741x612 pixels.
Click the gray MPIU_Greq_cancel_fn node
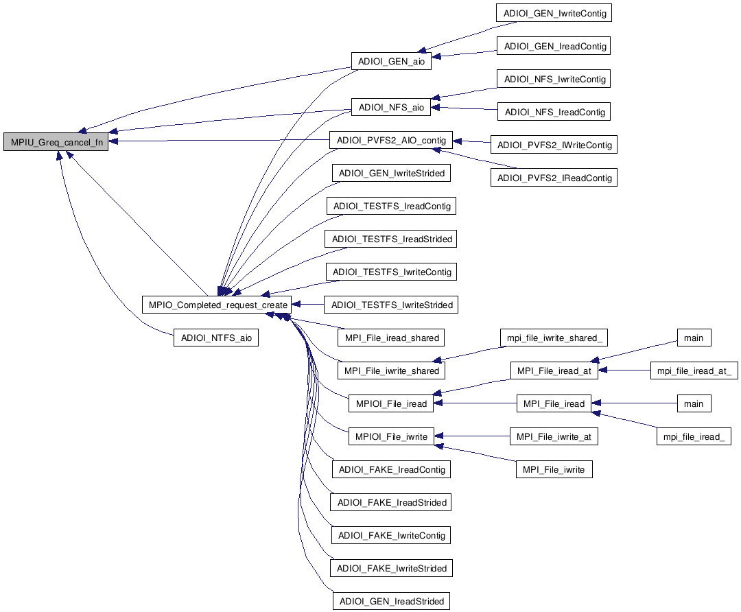pos(56,143)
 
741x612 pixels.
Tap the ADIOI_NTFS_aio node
pos(215,338)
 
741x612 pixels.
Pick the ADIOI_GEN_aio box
pos(391,61)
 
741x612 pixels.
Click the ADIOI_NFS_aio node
pos(391,108)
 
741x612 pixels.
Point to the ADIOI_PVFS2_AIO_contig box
pos(390,141)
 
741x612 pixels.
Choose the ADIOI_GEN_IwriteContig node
pos(554,13)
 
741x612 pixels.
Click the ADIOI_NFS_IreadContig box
pos(554,112)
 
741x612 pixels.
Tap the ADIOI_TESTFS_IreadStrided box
pos(392,239)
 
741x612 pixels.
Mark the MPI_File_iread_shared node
pos(391,338)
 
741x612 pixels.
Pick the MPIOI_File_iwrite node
pos(391,436)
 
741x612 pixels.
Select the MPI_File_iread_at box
pos(554,370)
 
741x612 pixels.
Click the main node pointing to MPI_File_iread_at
pos(694,338)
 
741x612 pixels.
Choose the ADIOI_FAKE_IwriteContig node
pos(392,535)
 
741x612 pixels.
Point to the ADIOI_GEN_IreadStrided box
pos(391,601)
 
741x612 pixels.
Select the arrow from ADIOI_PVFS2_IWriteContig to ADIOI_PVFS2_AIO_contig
pos(471,142)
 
